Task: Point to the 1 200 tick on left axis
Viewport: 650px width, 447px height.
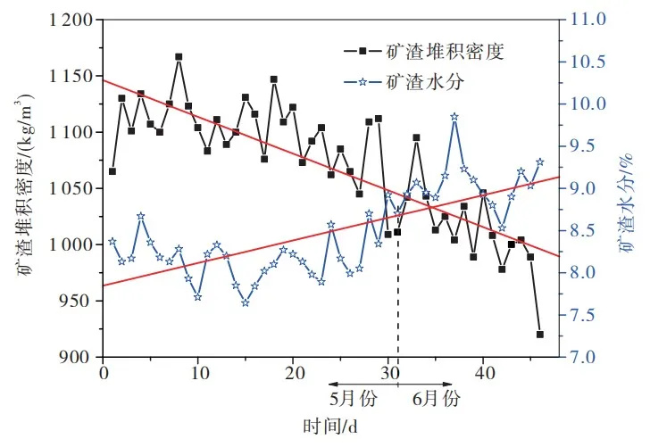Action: pyautogui.click(x=70, y=20)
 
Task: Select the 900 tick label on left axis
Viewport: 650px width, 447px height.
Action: pyautogui.click(x=79, y=357)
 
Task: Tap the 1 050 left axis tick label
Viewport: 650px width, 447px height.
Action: pyautogui.click(x=70, y=188)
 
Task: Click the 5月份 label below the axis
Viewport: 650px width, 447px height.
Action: pyautogui.click(x=348, y=395)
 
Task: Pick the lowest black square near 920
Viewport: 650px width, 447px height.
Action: pyautogui.click(x=540, y=335)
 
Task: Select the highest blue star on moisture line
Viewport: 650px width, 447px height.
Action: pyautogui.click(x=454, y=117)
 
